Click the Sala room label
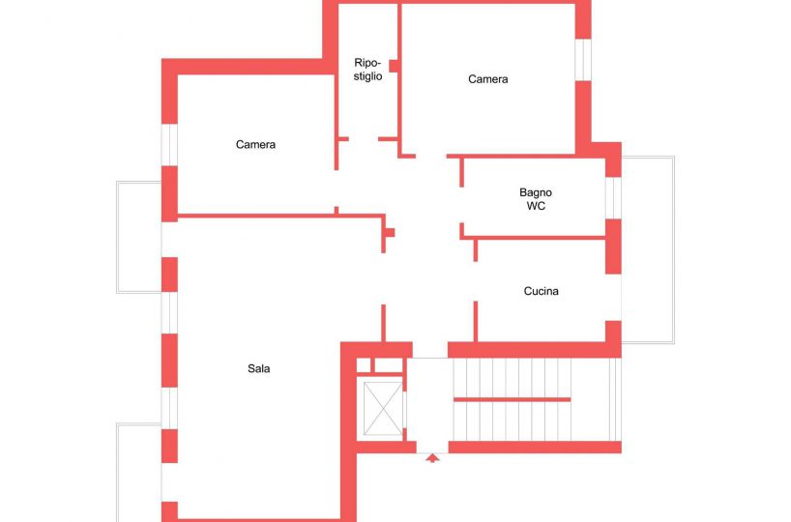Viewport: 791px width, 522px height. tap(258, 368)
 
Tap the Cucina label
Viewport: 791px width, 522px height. tap(541, 291)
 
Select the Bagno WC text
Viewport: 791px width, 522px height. tap(536, 199)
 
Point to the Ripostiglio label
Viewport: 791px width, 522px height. tap(367, 70)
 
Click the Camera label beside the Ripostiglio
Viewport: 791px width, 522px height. tap(487, 79)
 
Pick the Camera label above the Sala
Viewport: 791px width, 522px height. tap(255, 145)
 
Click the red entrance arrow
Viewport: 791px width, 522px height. tap(432, 458)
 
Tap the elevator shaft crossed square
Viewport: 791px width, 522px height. tap(383, 409)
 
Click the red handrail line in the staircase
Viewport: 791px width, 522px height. tap(513, 399)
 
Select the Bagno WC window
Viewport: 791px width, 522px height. tap(613, 198)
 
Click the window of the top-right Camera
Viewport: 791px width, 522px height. tap(583, 59)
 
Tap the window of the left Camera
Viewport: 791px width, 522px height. tap(169, 145)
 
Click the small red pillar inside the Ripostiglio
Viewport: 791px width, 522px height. tap(394, 66)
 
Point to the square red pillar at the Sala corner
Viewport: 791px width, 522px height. tap(390, 233)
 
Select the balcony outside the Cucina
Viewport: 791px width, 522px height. tap(648, 249)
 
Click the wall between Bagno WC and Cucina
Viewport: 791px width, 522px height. tap(533, 238)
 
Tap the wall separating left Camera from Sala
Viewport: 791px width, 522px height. tap(281, 216)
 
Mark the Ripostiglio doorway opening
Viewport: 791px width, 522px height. tap(364, 138)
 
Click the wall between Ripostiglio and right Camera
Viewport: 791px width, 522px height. tap(399, 80)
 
